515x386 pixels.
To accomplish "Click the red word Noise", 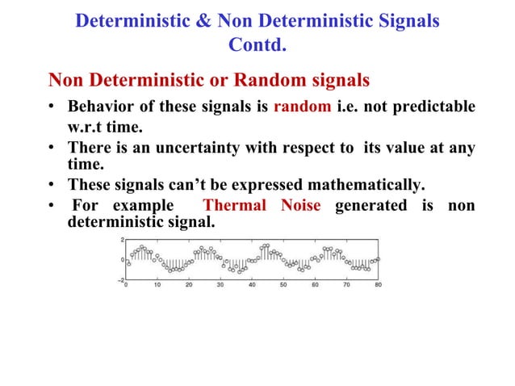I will click(301, 206).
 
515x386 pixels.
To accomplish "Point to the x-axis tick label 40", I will click(252, 285).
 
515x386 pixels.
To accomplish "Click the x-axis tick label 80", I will click(378, 285).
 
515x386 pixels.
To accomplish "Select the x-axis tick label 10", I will click(157, 285).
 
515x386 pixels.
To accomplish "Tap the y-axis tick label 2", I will click(120, 240).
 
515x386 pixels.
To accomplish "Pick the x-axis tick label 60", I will click(315, 285).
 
